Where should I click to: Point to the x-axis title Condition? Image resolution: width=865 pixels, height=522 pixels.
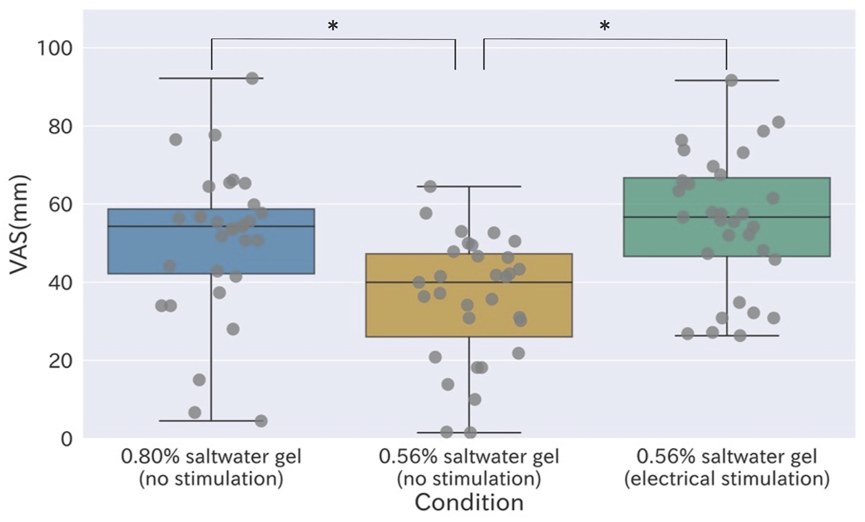[469, 502]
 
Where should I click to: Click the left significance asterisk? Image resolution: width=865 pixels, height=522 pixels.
[333, 26]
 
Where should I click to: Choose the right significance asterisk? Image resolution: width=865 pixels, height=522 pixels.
[604, 26]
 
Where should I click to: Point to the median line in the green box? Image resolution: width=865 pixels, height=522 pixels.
[793, 217]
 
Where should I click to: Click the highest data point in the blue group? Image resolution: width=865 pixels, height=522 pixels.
[252, 79]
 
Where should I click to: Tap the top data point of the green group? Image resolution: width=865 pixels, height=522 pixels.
[731, 81]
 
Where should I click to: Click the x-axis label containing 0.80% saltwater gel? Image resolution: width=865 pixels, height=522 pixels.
[211, 456]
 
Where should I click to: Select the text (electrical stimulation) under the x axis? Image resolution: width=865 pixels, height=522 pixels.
[726, 479]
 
